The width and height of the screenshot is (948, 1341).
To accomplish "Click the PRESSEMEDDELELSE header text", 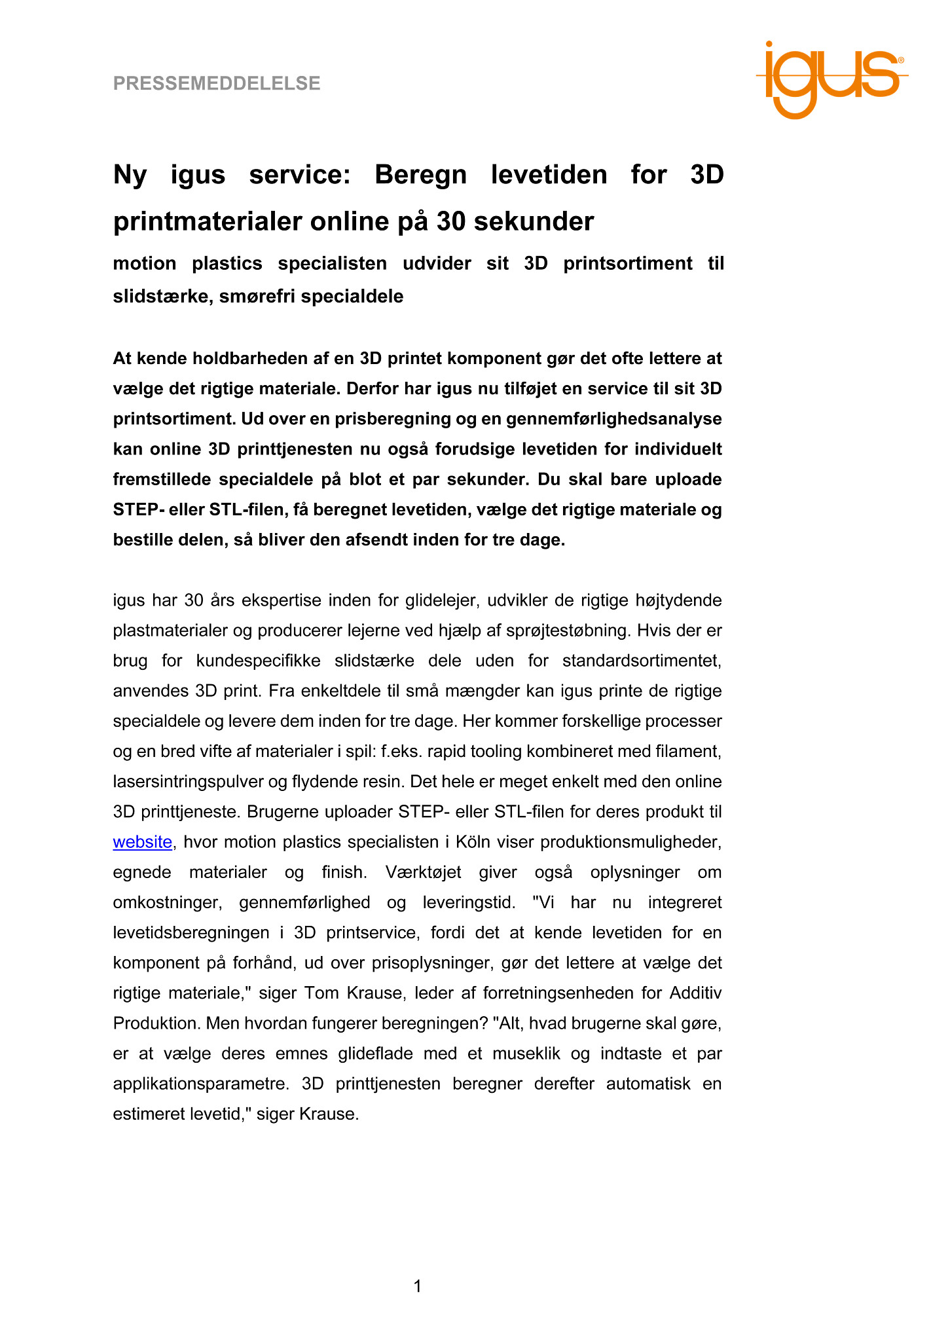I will [x=217, y=84].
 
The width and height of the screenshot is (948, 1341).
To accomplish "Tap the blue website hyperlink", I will [x=142, y=842].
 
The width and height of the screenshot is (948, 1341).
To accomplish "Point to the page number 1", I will [x=418, y=1287].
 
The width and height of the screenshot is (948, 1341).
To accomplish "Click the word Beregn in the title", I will [x=420, y=175].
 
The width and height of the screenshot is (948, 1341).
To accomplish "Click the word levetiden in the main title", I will [x=549, y=175].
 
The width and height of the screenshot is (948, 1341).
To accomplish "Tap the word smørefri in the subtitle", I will [x=251, y=297].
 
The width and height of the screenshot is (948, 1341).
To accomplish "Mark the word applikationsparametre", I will [x=200, y=1084].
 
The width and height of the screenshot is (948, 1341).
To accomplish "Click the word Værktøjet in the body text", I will [x=423, y=872].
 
